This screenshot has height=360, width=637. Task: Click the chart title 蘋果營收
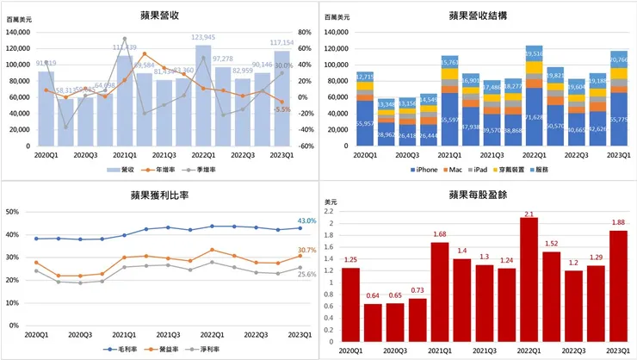[159, 15]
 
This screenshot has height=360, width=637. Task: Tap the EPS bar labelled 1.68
[439, 291]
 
